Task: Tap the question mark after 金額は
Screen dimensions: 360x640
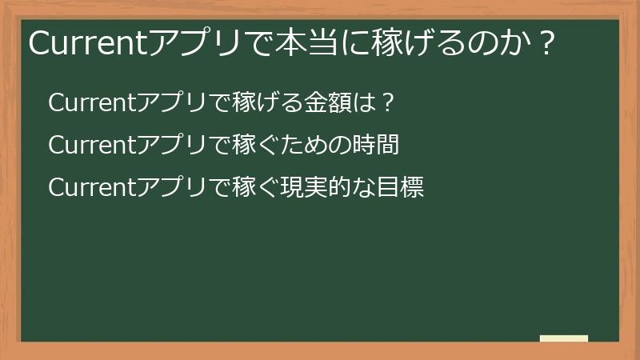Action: (x=386, y=103)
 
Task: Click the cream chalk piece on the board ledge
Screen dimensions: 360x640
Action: (x=564, y=338)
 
